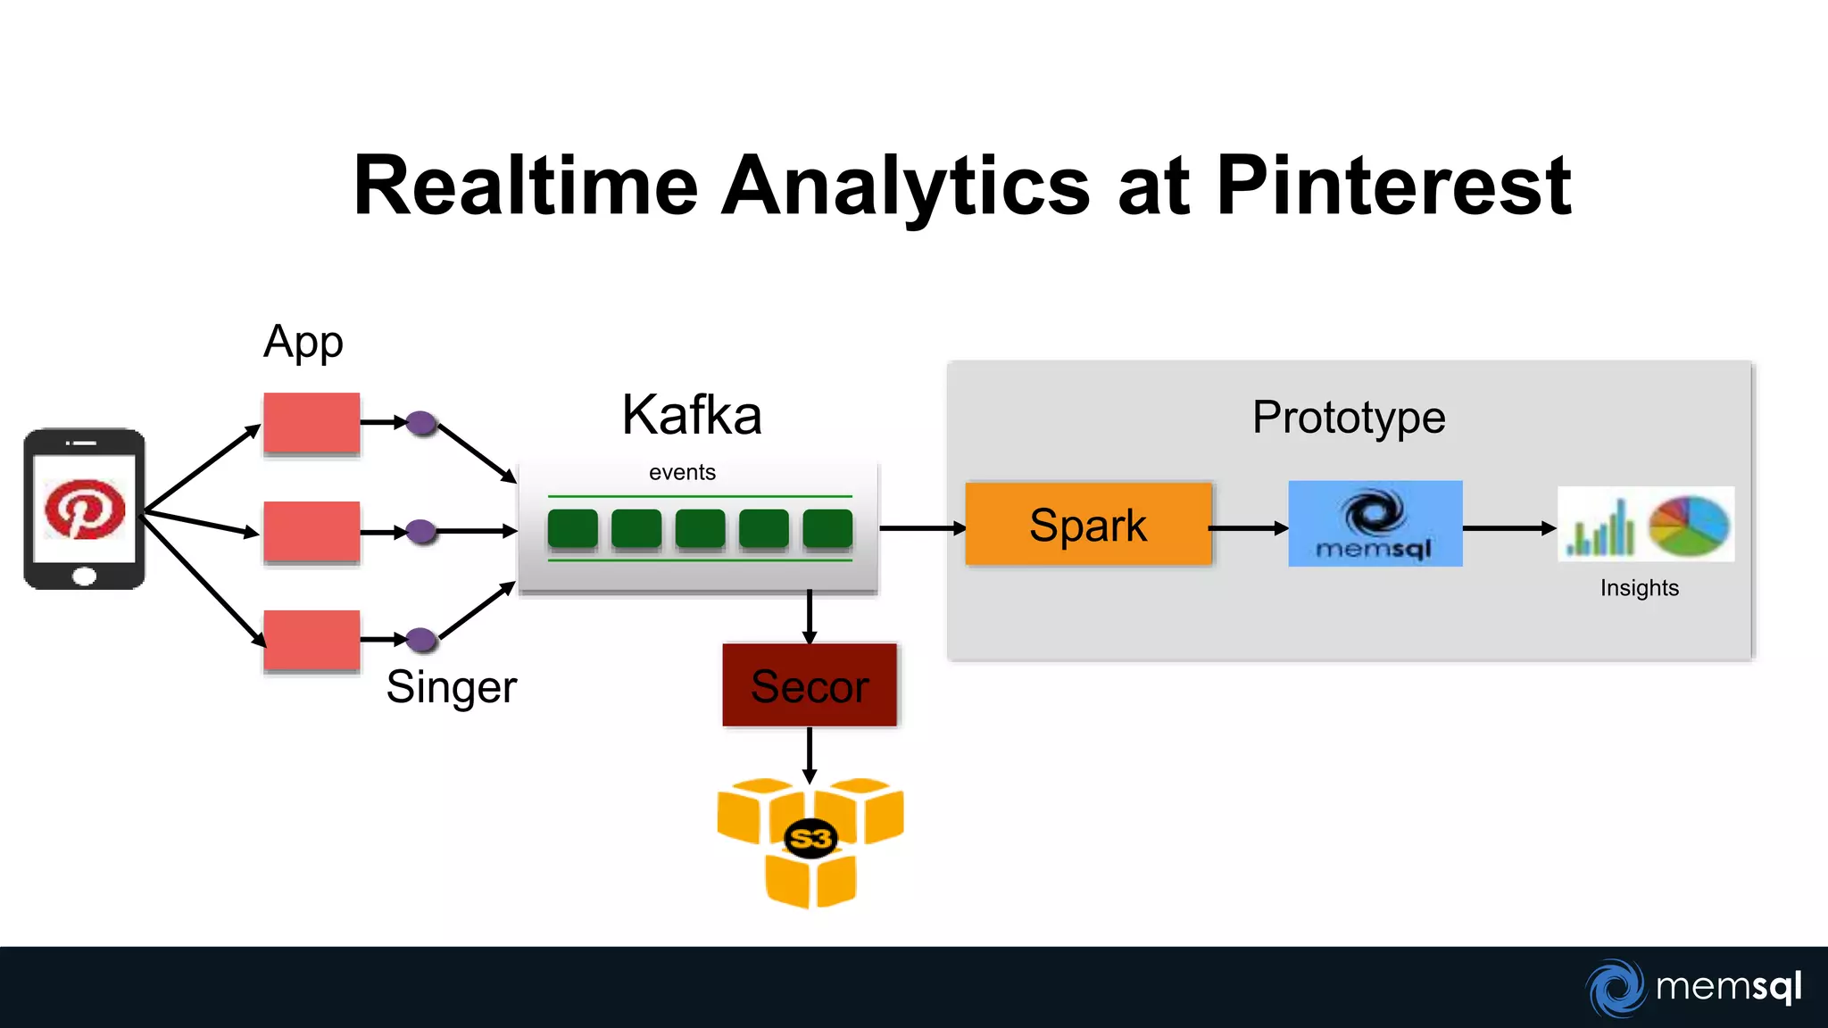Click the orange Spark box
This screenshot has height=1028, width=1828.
(x=1088, y=524)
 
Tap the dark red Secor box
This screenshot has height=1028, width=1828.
(x=810, y=685)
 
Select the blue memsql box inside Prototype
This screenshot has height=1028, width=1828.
(x=1375, y=524)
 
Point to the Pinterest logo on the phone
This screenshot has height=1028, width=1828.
(x=85, y=510)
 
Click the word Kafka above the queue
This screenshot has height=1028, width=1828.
(x=692, y=415)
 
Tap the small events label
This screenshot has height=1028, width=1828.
(x=682, y=472)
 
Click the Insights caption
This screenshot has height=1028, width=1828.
(x=1639, y=588)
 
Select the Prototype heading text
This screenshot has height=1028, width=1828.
(x=1348, y=418)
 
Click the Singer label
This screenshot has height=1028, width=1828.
(x=451, y=687)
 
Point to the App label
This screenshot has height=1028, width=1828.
(x=303, y=343)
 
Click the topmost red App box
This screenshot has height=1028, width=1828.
(x=312, y=423)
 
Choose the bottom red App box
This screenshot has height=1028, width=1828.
(x=312, y=640)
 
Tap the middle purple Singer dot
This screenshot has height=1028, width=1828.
(x=421, y=532)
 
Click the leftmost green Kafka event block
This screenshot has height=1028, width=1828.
(x=572, y=528)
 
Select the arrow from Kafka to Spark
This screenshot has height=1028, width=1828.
(x=921, y=528)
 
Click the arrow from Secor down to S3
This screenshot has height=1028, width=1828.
(x=810, y=754)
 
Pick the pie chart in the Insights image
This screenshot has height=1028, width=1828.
(x=1689, y=526)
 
